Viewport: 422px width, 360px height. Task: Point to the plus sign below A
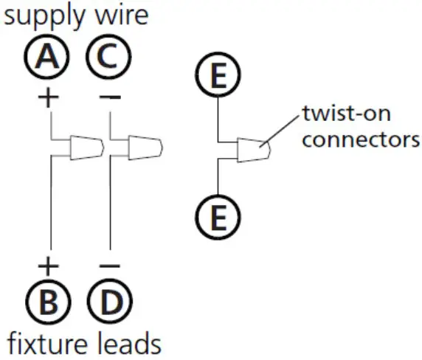[x=50, y=97]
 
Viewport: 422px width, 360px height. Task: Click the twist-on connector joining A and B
[x=86, y=147]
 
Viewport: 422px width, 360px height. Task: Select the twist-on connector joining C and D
[x=143, y=147]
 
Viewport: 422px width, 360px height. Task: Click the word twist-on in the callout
[x=345, y=115]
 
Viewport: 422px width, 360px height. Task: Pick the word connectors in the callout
[x=361, y=139]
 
